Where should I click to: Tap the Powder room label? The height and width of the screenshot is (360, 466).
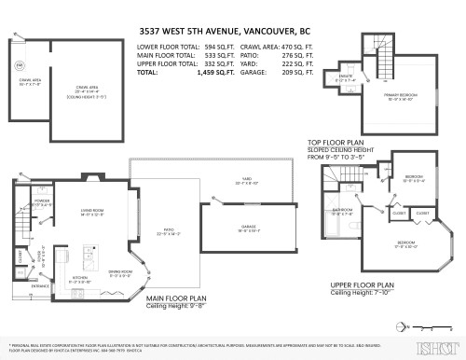click(42, 201)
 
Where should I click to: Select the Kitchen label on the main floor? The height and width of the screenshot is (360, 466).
click(81, 276)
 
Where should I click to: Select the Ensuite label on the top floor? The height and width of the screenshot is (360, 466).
click(343, 78)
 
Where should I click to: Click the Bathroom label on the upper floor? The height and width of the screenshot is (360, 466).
click(343, 210)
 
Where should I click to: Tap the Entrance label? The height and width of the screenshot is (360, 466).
click(28, 286)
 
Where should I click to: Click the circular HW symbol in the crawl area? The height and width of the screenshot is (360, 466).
click(20, 63)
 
